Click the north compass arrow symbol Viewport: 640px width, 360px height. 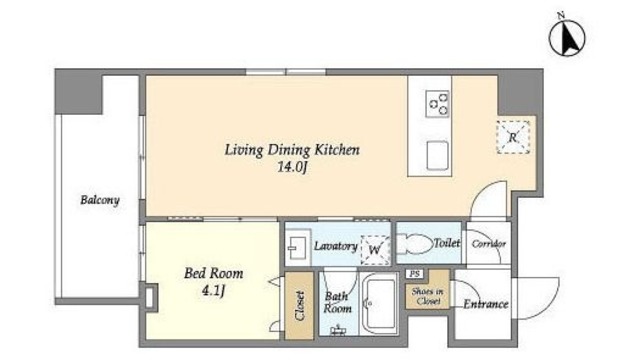pyautogui.click(x=567, y=37)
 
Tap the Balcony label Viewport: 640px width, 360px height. pyautogui.click(x=100, y=200)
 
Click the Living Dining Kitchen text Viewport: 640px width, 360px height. pyautogui.click(x=292, y=150)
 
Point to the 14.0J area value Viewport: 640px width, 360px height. pyautogui.click(x=292, y=167)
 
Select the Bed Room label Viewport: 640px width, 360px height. pyautogui.click(x=213, y=273)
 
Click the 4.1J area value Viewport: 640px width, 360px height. pyautogui.click(x=213, y=291)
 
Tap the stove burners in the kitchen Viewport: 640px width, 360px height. pyautogui.click(x=438, y=104)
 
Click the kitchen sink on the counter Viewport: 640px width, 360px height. pyautogui.click(x=438, y=155)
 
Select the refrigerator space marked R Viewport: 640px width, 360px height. pyautogui.click(x=513, y=138)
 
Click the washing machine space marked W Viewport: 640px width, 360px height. pyautogui.click(x=375, y=249)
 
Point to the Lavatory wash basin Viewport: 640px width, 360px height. pyautogui.click(x=297, y=247)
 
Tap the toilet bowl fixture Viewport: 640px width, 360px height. pyautogui.click(x=414, y=244)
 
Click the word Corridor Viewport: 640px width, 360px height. pyautogui.click(x=489, y=244)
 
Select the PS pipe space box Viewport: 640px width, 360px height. pyautogui.click(x=414, y=274)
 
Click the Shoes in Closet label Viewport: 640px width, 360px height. pyautogui.click(x=427, y=296)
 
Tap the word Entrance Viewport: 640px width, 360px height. pyautogui.click(x=486, y=304)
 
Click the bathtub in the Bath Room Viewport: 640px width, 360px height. pyautogui.click(x=380, y=302)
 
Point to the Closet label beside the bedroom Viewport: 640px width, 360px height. pyautogui.click(x=300, y=305)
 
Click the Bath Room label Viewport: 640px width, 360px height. pyautogui.click(x=337, y=302)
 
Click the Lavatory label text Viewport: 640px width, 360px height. pyautogui.click(x=336, y=246)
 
